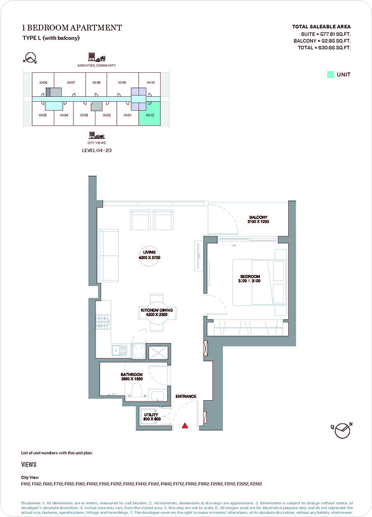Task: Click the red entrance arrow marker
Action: point(185,426)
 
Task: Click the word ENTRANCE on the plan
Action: point(186,397)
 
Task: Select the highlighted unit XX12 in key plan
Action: point(149,115)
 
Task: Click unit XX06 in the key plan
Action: point(43,82)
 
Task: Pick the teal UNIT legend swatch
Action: point(330,74)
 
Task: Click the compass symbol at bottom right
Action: point(342,430)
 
